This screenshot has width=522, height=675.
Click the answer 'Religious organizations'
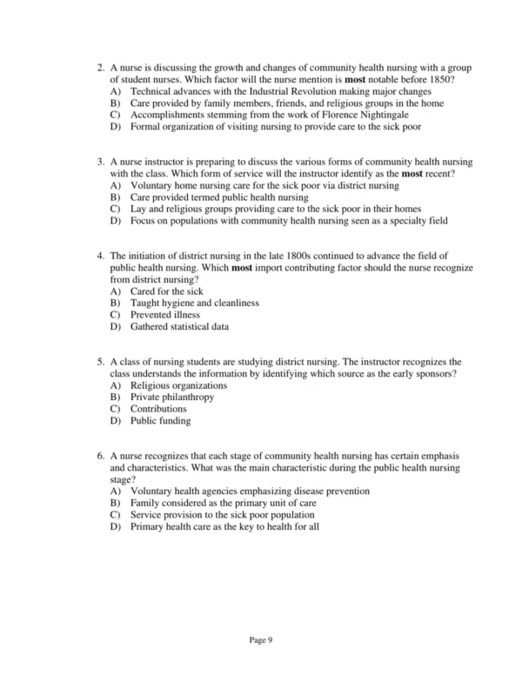click(178, 385)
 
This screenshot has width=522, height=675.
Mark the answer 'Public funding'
click(160, 421)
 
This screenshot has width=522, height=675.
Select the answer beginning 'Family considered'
click(223, 504)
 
